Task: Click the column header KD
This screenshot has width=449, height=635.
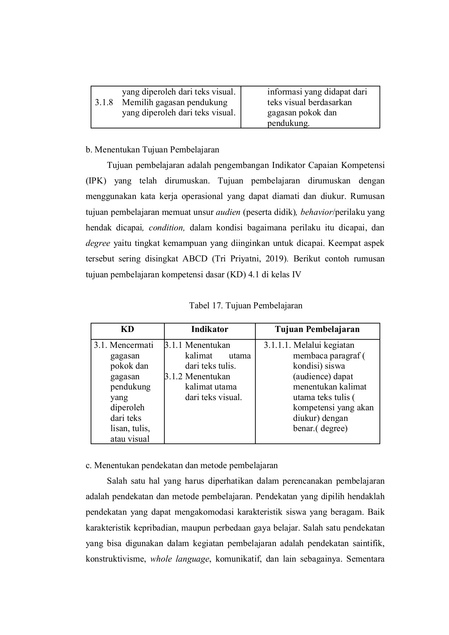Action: tap(127, 329)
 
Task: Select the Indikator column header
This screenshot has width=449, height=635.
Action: tap(210, 329)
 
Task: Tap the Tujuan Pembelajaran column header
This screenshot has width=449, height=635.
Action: tap(317, 329)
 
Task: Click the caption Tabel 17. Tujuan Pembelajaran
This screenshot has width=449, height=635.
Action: tap(245, 305)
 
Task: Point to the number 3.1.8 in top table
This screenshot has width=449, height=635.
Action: tap(104, 103)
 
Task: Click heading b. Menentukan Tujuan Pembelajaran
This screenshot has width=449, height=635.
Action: tap(152, 150)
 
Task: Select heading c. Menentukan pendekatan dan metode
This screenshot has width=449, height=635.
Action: tap(182, 465)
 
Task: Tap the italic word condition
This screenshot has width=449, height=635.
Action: tap(166, 228)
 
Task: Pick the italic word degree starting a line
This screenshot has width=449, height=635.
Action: tap(98, 243)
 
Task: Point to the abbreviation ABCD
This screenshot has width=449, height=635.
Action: tap(195, 259)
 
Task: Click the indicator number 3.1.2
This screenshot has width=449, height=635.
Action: tap(174, 376)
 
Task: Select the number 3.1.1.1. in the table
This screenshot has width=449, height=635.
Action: tap(277, 345)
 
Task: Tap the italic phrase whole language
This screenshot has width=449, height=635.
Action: tap(180, 559)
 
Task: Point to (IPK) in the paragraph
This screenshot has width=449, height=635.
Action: tap(96, 181)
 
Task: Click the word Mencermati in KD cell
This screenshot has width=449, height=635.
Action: tap(132, 345)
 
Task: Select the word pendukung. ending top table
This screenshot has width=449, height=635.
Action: tap(288, 123)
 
